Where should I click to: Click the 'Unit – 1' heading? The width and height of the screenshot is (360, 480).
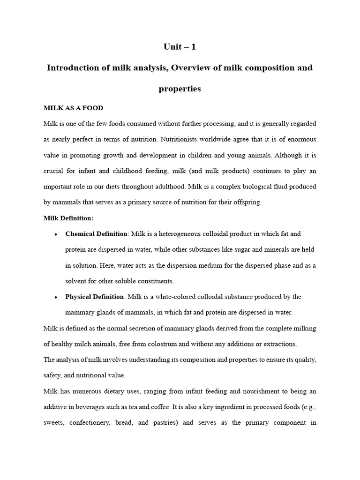[x=180, y=46]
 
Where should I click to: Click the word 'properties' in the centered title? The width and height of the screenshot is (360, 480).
[x=180, y=89]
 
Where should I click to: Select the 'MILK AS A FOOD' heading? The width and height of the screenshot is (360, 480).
[x=73, y=108]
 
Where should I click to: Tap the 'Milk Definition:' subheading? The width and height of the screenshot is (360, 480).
[x=68, y=218]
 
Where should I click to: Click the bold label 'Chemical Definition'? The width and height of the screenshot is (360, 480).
[x=96, y=234]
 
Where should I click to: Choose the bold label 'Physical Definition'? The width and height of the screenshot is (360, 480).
[x=94, y=297]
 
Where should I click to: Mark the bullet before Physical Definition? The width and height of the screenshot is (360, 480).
[x=56, y=297]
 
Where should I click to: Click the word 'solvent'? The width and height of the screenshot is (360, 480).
[x=75, y=281]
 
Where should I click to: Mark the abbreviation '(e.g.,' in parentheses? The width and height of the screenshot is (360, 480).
[x=307, y=407]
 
